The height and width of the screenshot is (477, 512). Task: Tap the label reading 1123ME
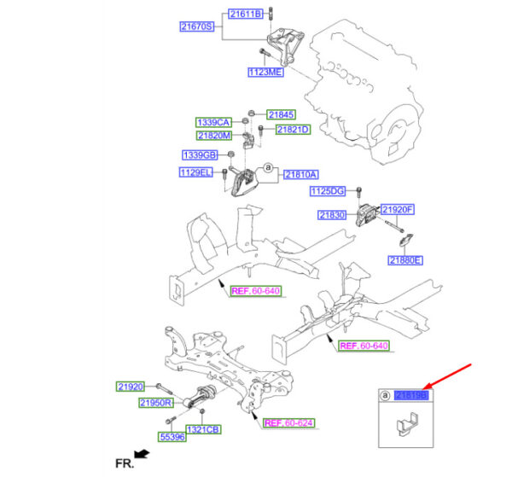(265, 73)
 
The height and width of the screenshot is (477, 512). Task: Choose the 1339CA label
(214, 122)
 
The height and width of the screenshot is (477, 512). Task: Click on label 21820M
(214, 136)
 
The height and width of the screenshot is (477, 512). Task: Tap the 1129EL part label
(195, 172)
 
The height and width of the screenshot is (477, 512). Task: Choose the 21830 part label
(334, 216)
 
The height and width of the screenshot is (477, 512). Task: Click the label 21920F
(397, 209)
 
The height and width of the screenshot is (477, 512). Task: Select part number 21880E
(405, 259)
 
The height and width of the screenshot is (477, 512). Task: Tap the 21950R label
(156, 403)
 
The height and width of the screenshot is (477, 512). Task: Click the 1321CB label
(203, 429)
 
